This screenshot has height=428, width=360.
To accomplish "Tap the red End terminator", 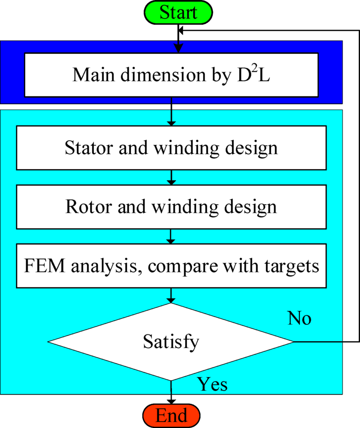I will [x=172, y=415].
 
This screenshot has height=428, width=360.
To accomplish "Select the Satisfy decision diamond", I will [x=171, y=342].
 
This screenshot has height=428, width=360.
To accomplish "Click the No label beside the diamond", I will [x=299, y=318].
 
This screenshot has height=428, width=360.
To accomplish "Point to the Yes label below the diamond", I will [x=212, y=384].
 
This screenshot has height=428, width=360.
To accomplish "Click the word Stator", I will [x=86, y=148].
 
